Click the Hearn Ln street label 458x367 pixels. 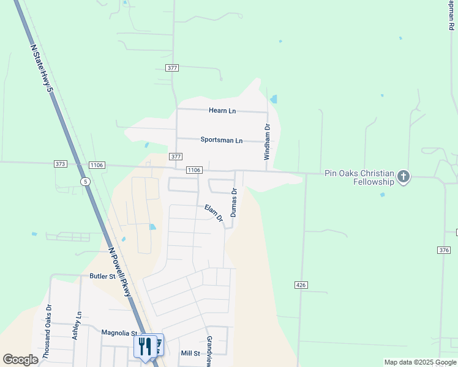click(222, 111)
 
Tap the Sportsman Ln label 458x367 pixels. click(221, 140)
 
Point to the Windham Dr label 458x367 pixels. click(267, 142)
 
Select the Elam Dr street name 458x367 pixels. click(214, 213)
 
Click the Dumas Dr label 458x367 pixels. click(233, 202)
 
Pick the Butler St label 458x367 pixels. click(102, 276)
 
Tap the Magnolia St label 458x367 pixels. click(119, 333)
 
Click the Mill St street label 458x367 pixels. click(190, 354)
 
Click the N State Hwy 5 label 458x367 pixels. click(41, 67)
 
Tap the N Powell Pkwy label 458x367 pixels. click(120, 272)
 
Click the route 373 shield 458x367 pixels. click(60, 165)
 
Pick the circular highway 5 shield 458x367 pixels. click(85, 182)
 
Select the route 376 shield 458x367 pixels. click(444, 250)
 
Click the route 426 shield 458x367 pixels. click(300, 285)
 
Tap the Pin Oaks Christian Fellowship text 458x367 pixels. click(360, 177)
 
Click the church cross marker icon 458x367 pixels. click(403, 177)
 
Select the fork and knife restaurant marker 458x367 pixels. click(145, 346)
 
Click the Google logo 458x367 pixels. click(20, 360)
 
